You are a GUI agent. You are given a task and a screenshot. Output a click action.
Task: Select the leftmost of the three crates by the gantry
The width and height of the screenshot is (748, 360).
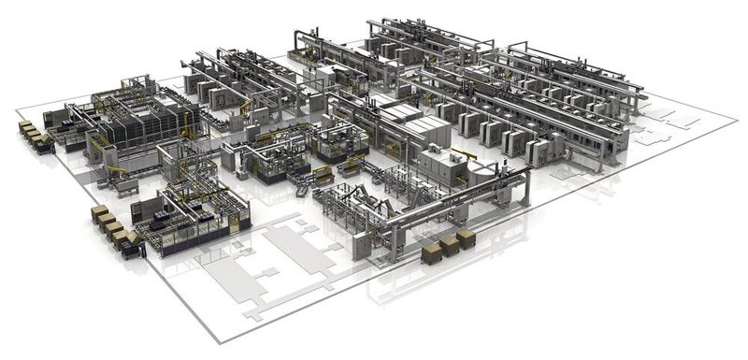pos(433,252)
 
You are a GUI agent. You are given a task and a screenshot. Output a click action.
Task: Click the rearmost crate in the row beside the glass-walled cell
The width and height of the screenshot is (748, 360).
pos(98,211)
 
